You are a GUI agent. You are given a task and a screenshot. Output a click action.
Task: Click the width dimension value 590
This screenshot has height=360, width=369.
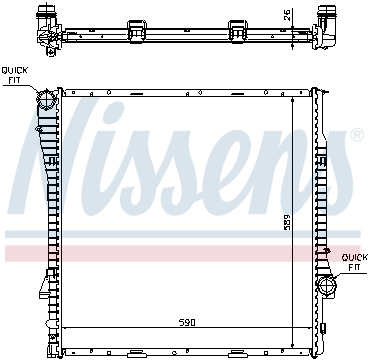[187, 322]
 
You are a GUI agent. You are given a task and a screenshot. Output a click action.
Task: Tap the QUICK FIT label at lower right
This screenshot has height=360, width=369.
[353, 263]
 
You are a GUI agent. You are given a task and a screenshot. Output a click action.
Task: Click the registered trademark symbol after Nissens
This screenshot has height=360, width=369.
[357, 133]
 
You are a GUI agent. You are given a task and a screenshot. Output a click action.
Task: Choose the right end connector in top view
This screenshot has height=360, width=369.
[325, 22]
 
